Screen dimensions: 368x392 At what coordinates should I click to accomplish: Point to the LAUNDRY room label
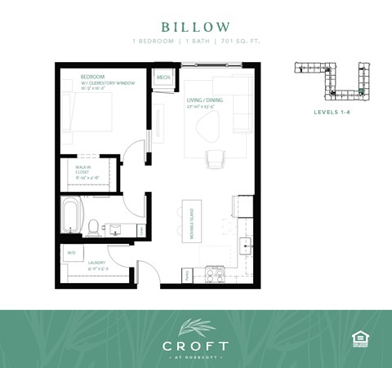tap(87, 264)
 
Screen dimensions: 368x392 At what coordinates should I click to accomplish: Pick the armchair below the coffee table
tap(214, 160)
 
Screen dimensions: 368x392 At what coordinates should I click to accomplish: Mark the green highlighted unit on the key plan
tap(362, 91)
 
